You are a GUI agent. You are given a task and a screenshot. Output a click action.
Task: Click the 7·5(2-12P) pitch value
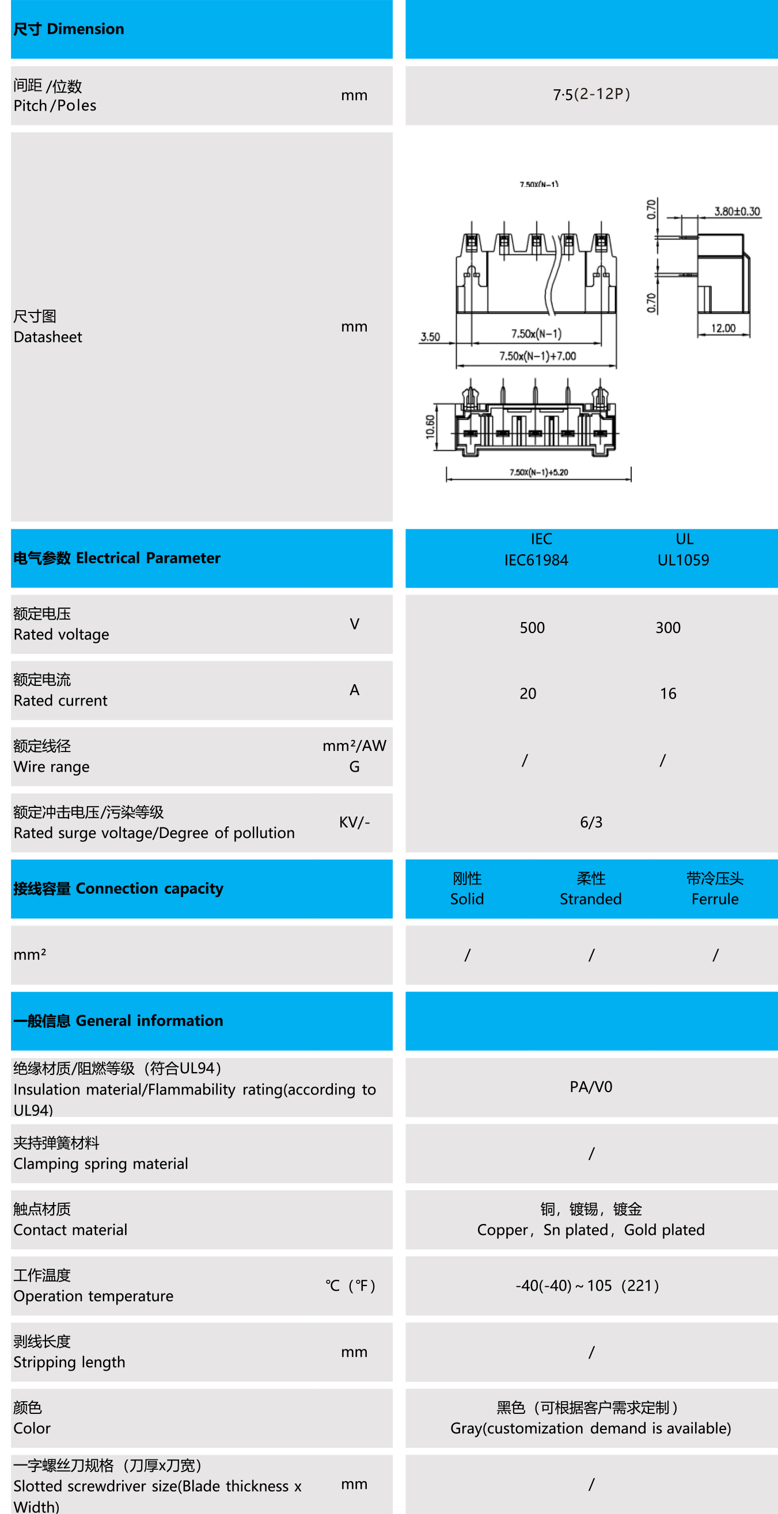tap(591, 94)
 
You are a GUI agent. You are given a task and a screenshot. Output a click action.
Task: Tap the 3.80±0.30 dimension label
tap(737, 211)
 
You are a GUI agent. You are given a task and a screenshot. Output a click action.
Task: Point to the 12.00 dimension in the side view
tap(723, 328)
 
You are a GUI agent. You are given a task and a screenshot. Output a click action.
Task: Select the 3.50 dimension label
tap(430, 337)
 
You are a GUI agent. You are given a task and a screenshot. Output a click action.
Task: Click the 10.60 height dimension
tap(430, 427)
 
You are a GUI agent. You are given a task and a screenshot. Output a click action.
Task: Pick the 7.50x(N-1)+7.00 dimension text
tap(537, 356)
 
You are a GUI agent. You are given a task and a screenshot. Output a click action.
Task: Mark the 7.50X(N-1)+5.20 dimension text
tap(538, 472)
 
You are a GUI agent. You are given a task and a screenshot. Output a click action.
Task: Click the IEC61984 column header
tap(536, 560)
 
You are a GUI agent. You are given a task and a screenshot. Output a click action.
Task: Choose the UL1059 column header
tap(683, 560)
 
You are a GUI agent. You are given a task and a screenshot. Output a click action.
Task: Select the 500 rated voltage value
tap(532, 628)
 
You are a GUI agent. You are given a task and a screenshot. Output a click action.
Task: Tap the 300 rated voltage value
tap(667, 628)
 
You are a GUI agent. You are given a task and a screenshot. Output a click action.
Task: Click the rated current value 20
tap(527, 693)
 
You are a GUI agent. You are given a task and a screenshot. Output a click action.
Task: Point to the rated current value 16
tap(667, 693)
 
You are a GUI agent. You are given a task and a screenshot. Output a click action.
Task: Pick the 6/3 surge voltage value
tap(591, 822)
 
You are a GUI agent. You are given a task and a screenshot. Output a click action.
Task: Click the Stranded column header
tap(590, 899)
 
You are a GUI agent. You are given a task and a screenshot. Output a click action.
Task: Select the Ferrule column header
tap(715, 899)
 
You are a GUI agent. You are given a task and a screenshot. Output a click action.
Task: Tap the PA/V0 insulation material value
tap(591, 1086)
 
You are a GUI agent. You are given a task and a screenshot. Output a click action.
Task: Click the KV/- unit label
tap(354, 822)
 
